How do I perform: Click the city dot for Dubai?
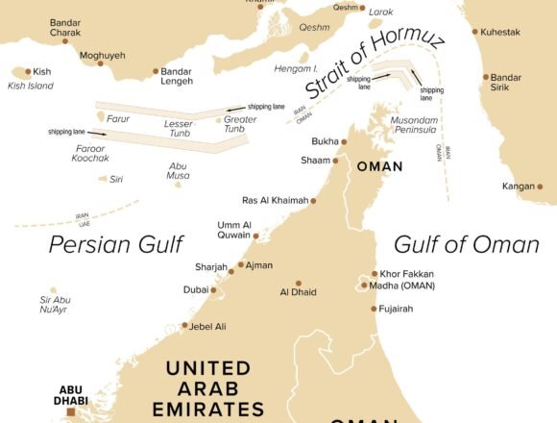click(x=217, y=288)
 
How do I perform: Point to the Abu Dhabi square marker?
click(x=71, y=411)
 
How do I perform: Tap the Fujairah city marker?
click(x=374, y=309)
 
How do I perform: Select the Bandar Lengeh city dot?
click(x=157, y=71)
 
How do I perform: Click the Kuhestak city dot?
click(x=475, y=32)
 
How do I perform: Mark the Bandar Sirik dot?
click(x=487, y=77)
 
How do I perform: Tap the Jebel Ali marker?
click(x=184, y=326)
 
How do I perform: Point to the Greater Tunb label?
click(x=240, y=125)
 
